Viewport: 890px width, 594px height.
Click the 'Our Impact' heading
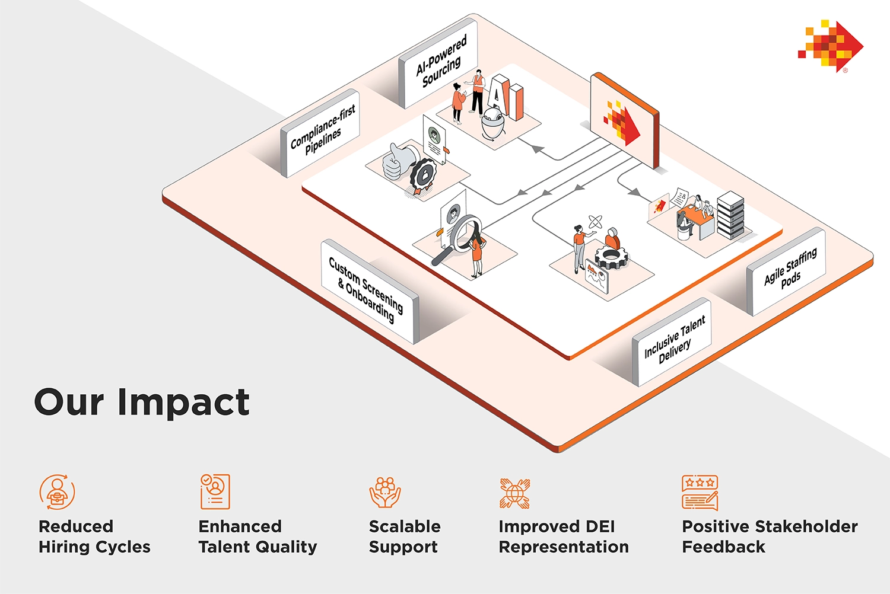click(142, 402)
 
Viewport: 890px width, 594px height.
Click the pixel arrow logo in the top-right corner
click(830, 46)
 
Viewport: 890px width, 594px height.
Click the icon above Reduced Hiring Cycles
click(57, 491)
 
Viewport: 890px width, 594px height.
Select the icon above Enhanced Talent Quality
click(215, 491)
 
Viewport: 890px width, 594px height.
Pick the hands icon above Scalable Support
click(385, 492)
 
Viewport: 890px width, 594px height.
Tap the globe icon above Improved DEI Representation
click(514, 493)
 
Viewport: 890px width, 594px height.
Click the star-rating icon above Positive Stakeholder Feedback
click(700, 493)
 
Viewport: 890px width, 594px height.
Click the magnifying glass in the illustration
click(460, 237)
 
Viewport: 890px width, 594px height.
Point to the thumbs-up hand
click(393, 162)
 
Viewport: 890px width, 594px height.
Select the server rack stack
click(730, 215)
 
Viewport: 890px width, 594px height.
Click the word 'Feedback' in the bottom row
click(723, 547)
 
